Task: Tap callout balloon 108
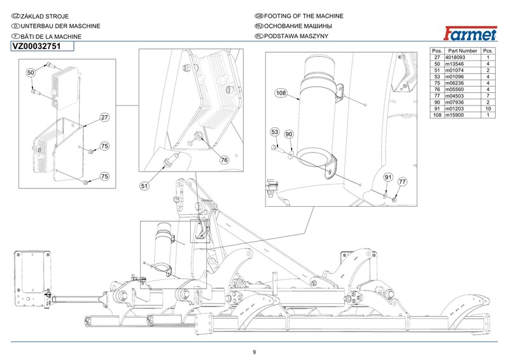281,93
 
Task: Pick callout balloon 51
144,186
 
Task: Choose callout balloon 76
224,160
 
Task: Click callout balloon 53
275,132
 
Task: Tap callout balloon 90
288,134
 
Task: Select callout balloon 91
389,176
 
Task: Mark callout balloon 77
401,182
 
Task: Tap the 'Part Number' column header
463,50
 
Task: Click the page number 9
254,352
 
